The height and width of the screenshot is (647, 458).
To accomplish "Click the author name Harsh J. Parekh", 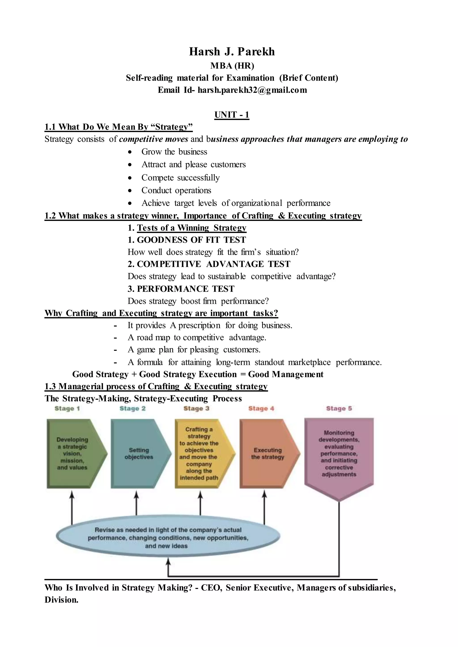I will click(231, 52).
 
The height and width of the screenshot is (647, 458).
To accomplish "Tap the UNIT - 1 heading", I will click(231, 115).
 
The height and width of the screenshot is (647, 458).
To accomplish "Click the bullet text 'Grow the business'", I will click(174, 152).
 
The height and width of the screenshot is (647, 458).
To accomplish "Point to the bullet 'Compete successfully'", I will click(180, 178).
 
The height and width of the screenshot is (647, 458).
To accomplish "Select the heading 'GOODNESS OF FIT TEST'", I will click(191, 240).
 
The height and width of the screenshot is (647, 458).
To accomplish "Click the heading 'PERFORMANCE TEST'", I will click(185, 289).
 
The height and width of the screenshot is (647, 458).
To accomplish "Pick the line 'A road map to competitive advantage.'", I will click(197, 338).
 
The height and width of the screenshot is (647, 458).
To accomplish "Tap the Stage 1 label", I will click(67, 409).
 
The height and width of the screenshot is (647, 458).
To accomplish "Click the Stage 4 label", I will click(261, 409).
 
